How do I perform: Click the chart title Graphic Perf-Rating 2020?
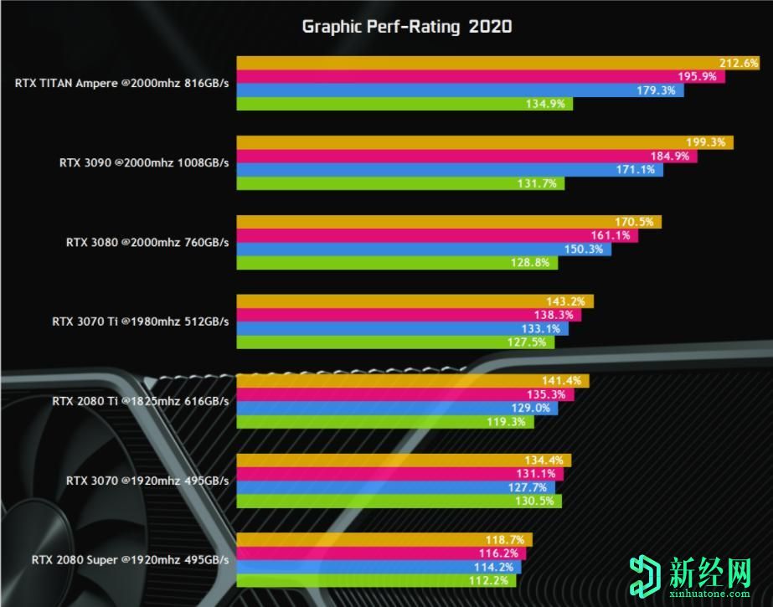(x=406, y=27)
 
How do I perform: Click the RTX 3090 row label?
(x=144, y=162)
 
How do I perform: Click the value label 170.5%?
(x=636, y=223)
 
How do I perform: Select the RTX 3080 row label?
(x=147, y=242)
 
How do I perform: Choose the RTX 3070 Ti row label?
(x=140, y=321)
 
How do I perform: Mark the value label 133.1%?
(x=544, y=328)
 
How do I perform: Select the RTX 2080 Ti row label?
(x=140, y=401)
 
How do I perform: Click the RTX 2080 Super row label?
(x=130, y=560)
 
